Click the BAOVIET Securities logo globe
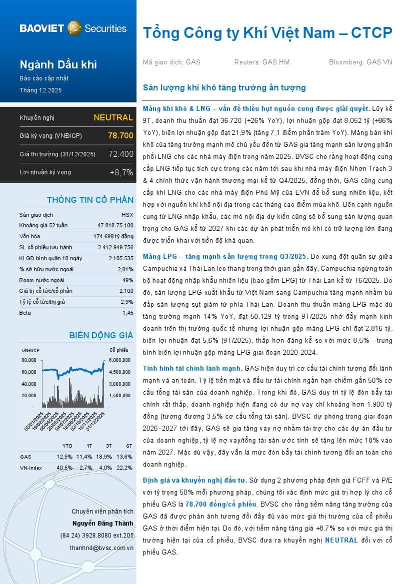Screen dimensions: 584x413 pyautogui.click(x=74, y=28)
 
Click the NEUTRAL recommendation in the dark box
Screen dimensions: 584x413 pyautogui.click(x=113, y=118)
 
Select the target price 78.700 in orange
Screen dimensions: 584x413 pyautogui.click(x=120, y=135)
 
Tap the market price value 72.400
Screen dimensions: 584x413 pyautogui.click(x=121, y=154)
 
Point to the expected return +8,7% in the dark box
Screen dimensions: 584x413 pyautogui.click(x=121, y=172)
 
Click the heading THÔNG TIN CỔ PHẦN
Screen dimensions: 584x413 pyautogui.click(x=90, y=200)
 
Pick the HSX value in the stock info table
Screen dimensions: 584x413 pyautogui.click(x=127, y=215)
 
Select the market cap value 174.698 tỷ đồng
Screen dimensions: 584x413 pyautogui.click(x=113, y=236)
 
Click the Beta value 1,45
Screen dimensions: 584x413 pyautogui.click(x=127, y=313)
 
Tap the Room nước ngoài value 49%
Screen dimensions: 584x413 pyautogui.click(x=127, y=280)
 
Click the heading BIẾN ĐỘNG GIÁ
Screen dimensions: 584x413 pyautogui.click(x=101, y=335)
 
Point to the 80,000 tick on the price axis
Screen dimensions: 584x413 pyautogui.click(x=29, y=360)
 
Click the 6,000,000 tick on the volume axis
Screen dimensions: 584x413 pyautogui.click(x=120, y=360)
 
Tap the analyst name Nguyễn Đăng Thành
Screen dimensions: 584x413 pyautogui.click(x=102, y=523)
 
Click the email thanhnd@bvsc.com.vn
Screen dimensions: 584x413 pyautogui.click(x=101, y=548)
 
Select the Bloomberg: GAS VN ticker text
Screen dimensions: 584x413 pyautogui.click(x=360, y=62)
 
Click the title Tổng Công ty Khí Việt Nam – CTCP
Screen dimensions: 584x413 pyautogui.click(x=267, y=33)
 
